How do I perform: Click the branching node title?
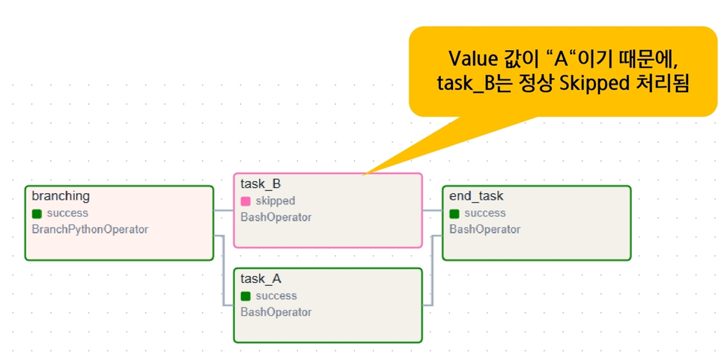point(61,196)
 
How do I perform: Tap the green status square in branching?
point(37,213)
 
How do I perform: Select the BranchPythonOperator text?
point(90,229)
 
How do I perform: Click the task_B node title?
point(261,184)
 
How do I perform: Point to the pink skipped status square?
point(246,201)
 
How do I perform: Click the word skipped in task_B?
point(276,201)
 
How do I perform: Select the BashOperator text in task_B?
point(276,217)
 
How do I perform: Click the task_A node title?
point(261,279)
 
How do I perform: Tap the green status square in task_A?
point(246,296)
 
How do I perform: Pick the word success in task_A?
point(276,296)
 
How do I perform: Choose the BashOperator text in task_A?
point(276,312)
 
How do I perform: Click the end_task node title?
point(476,196)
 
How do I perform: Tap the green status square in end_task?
point(454,213)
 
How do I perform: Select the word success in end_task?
point(485,213)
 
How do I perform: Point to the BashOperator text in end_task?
point(485,229)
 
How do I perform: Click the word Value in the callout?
point(473,59)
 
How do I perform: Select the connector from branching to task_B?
point(223,211)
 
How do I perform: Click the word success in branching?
point(67,213)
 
